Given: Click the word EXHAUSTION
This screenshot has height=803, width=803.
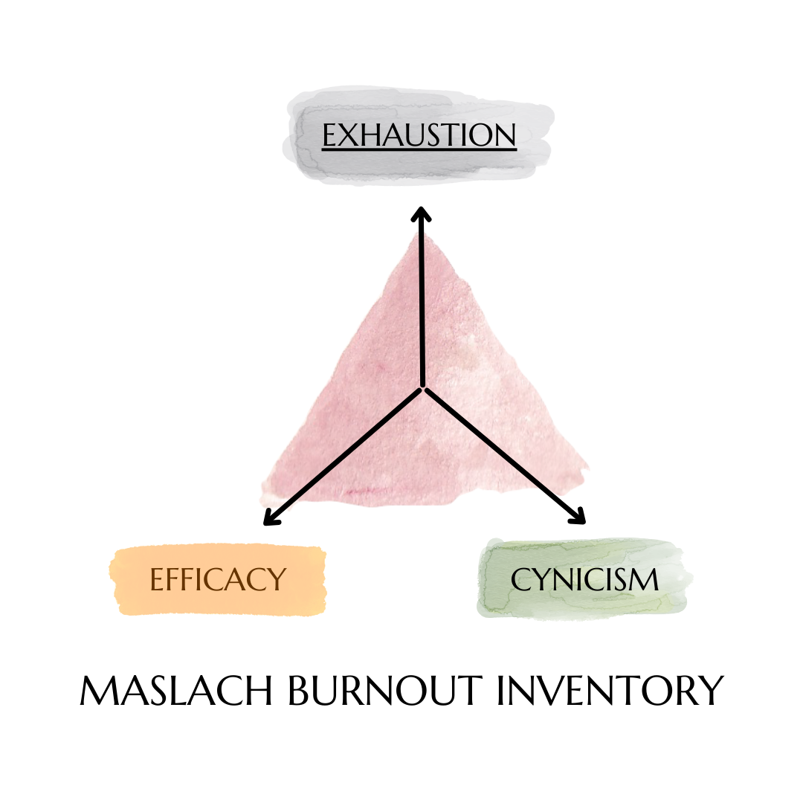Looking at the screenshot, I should coord(419,136).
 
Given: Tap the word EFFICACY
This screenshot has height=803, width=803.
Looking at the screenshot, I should coord(218,579).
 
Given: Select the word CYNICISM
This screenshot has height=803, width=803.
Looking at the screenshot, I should coord(584,580).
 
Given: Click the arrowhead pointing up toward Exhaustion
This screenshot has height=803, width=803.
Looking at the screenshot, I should coord(422,214).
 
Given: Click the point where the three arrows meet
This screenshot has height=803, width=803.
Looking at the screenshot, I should coord(423,387).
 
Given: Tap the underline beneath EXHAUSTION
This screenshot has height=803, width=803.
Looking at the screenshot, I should coord(419,150).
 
